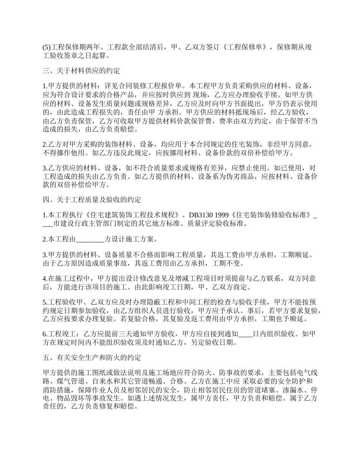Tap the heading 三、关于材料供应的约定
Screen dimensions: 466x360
pyautogui.click(x=81, y=71)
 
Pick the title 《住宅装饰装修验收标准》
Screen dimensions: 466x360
pyautogui.click(x=271, y=215)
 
